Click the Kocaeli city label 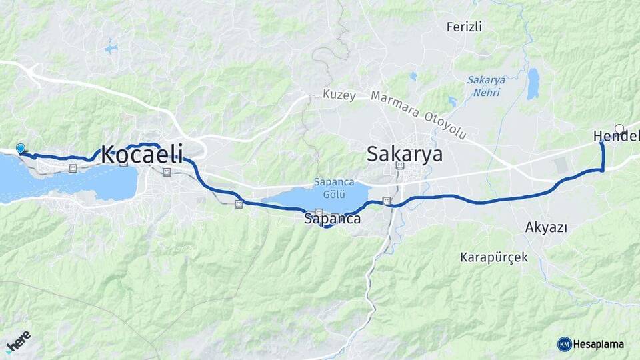pyautogui.click(x=142, y=155)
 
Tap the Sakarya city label pyautogui.click(x=405, y=155)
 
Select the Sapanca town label pyautogui.click(x=332, y=219)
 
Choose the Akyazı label pyautogui.click(x=546, y=227)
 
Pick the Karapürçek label pyautogui.click(x=494, y=257)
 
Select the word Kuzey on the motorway pyautogui.click(x=340, y=95)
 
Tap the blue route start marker pyautogui.click(x=21, y=149)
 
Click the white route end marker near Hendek pyautogui.click(x=619, y=129)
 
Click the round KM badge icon pyautogui.click(x=565, y=344)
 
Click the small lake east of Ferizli pyautogui.click(x=533, y=84)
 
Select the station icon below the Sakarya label pyautogui.click(x=399, y=165)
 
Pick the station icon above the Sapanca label pyautogui.click(x=319, y=213)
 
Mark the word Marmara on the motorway pyautogui.click(x=398, y=105)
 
